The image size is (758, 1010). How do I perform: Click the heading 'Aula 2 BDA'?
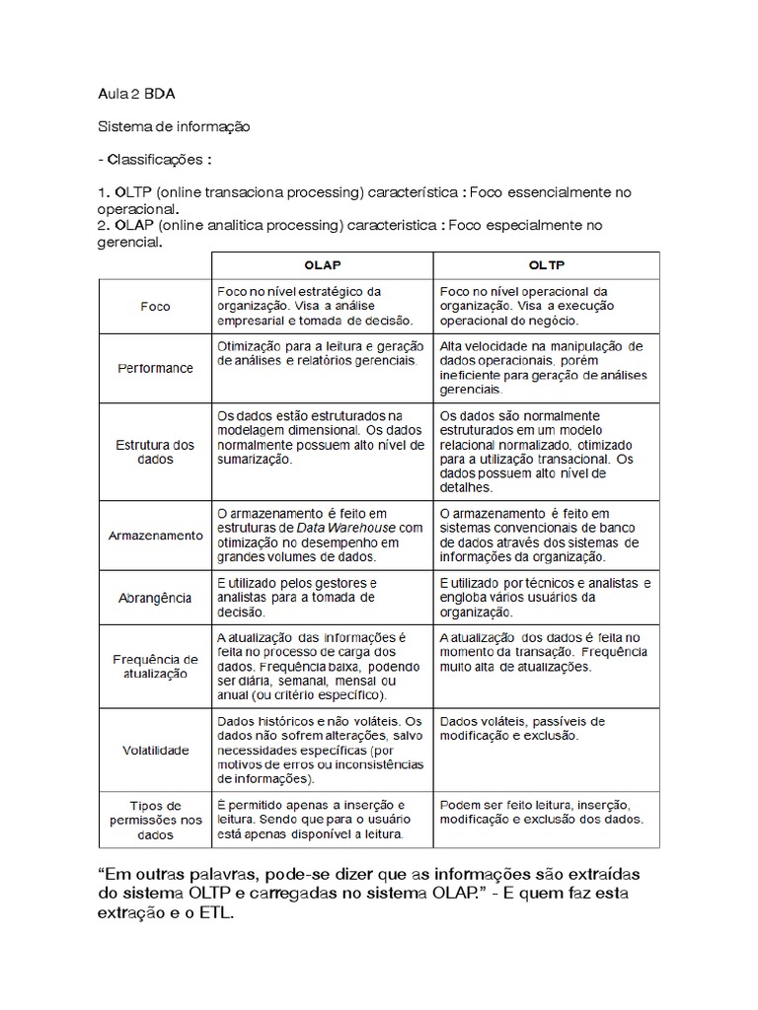click(x=137, y=95)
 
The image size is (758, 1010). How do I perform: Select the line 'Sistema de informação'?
click(x=173, y=127)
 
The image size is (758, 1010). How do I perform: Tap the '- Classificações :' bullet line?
click(x=154, y=159)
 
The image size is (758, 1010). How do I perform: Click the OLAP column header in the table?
click(x=323, y=265)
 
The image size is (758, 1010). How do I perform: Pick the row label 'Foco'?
click(x=155, y=307)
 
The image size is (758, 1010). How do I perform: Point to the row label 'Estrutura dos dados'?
click(x=155, y=452)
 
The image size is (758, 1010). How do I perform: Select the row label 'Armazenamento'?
click(x=155, y=536)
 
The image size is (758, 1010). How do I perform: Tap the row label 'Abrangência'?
click(x=155, y=598)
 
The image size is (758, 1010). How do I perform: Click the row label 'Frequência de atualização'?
click(x=155, y=666)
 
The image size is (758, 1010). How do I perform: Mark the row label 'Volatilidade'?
click(x=155, y=751)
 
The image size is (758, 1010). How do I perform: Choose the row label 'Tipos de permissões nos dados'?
click(x=155, y=820)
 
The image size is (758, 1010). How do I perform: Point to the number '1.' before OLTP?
click(x=104, y=192)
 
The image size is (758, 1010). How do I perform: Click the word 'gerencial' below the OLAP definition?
click(x=127, y=243)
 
